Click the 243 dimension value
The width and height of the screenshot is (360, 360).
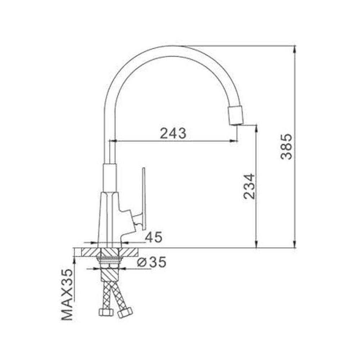point(173,134)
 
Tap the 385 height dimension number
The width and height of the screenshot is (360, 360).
point(286,147)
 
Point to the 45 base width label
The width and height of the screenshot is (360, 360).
point(154,237)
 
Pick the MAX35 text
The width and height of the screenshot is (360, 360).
point(67,294)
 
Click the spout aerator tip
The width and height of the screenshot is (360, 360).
point(236,116)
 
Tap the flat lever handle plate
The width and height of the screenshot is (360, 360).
point(144,198)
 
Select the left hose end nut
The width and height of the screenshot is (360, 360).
point(106,312)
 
